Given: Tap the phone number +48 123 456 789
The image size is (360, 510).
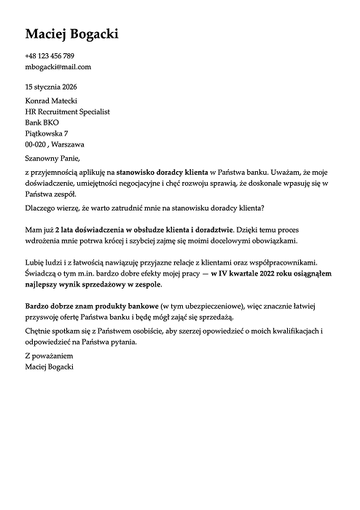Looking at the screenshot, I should (x=50, y=56).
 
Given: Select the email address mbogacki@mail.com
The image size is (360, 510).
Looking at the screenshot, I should (x=58, y=67).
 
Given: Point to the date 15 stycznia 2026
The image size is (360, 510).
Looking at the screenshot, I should (x=51, y=87).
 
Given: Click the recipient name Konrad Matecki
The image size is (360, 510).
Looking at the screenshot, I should (x=51, y=101).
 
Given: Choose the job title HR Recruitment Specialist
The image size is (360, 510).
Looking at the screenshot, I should (x=66, y=111).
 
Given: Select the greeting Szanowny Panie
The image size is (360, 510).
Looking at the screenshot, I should (x=50, y=157).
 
